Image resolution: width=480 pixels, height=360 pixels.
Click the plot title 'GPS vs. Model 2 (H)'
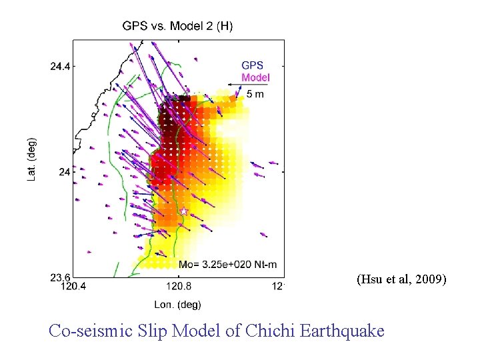177,26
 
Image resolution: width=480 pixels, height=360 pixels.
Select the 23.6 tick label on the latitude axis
61,277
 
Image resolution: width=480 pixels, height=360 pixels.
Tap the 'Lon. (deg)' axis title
177,305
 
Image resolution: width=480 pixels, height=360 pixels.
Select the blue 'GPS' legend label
252,65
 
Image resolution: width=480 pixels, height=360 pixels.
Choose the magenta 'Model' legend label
255,77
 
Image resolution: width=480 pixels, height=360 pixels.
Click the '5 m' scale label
255,94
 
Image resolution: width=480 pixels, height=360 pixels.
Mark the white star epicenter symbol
184,211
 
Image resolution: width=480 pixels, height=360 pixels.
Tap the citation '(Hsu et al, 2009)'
401,279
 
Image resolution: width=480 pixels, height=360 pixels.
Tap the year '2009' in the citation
429,279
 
